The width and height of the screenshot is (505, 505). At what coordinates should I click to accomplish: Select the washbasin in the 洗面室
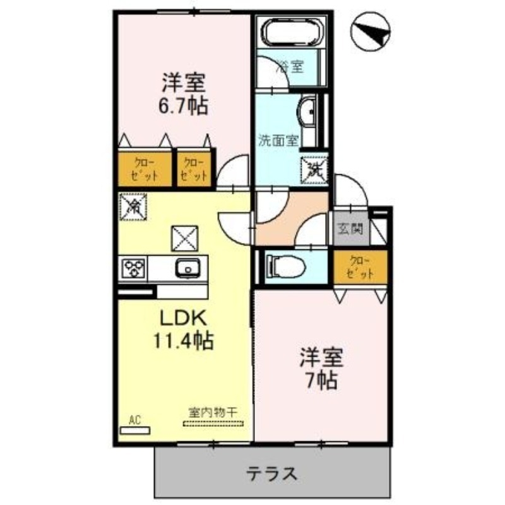pyautogui.click(x=309, y=113)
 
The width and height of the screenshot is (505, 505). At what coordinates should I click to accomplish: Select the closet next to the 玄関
pyautogui.click(x=357, y=267)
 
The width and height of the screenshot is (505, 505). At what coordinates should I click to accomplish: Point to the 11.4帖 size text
pyautogui.click(x=182, y=341)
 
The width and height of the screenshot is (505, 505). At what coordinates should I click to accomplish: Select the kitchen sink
pyautogui.click(x=188, y=268)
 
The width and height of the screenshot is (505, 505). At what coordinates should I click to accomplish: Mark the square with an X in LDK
pyautogui.click(x=184, y=239)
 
